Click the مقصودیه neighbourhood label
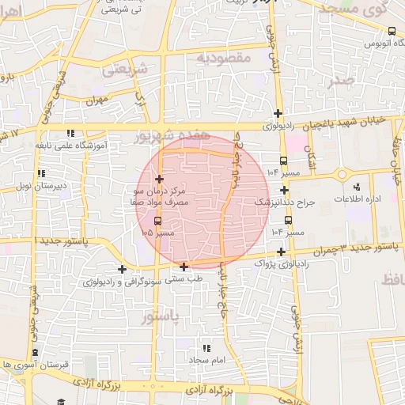coord(223,58)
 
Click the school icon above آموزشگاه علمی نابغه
coord(70,133)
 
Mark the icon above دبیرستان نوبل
coord(40,173)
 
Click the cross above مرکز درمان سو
coord(160,179)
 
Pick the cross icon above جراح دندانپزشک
coord(283,190)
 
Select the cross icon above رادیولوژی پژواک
coord(281,251)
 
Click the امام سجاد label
coord(208,360)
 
